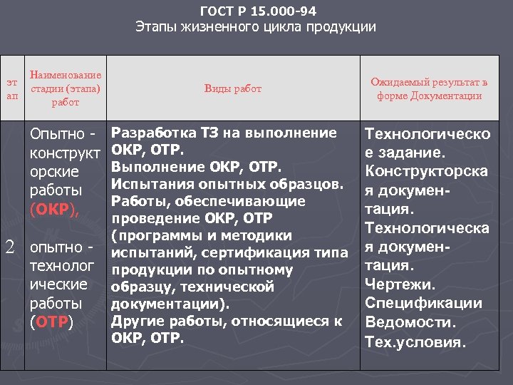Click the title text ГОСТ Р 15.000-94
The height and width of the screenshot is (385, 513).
[x=259, y=11]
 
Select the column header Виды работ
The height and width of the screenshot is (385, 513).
[x=233, y=88]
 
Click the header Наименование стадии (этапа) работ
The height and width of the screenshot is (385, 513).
[x=65, y=88]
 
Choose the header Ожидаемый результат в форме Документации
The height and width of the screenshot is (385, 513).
[x=430, y=89]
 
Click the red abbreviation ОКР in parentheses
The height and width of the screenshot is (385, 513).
[x=51, y=210]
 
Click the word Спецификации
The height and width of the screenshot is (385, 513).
[x=423, y=304]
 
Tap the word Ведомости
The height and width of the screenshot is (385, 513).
[x=403, y=322]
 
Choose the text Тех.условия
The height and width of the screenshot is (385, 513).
[x=415, y=342]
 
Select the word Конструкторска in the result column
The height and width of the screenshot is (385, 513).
[x=426, y=172]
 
